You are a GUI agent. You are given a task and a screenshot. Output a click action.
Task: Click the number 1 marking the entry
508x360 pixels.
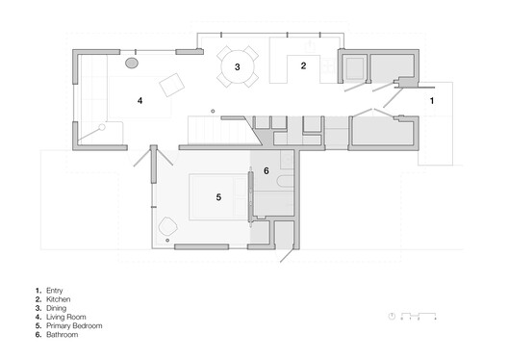(x=432, y=100)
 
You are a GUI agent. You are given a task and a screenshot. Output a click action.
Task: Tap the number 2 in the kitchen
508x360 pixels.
(x=303, y=65)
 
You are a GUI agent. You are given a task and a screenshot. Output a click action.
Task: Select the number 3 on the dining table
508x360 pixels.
(x=237, y=66)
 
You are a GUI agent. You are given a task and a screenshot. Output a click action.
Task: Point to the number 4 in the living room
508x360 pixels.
(x=140, y=99)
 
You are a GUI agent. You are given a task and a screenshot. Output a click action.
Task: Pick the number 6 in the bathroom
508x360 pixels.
(x=267, y=170)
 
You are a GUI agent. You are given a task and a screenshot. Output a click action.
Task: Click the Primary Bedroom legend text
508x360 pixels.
(x=74, y=326)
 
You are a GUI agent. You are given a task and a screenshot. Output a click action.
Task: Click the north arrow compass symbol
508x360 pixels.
(x=392, y=316)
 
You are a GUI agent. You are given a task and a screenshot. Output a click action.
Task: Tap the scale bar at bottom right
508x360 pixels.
(x=419, y=316)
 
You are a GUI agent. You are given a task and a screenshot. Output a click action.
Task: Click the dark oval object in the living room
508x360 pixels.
(x=132, y=63)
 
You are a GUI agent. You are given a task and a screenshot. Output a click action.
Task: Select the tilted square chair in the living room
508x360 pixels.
(x=174, y=85)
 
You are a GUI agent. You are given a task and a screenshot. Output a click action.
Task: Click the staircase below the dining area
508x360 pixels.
(x=208, y=126)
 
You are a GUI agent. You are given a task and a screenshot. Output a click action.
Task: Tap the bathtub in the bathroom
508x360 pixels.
(x=285, y=183)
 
